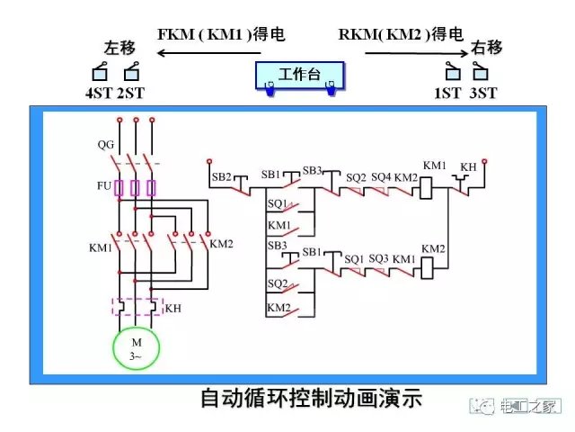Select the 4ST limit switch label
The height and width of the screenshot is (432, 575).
100,93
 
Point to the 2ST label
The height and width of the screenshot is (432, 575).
131,93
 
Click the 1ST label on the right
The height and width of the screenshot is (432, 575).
447,93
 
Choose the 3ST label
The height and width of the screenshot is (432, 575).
483,93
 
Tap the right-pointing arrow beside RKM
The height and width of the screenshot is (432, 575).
401,52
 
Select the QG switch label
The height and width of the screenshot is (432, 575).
106,144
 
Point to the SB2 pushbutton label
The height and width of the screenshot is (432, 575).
222,177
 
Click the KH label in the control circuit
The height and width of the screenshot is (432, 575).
468,167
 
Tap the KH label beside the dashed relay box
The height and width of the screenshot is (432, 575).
172,308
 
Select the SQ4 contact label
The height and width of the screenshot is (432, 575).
381,176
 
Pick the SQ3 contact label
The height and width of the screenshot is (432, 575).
379,258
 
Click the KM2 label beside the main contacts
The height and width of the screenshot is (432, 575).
221,244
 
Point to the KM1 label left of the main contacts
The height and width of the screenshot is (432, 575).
100,247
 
